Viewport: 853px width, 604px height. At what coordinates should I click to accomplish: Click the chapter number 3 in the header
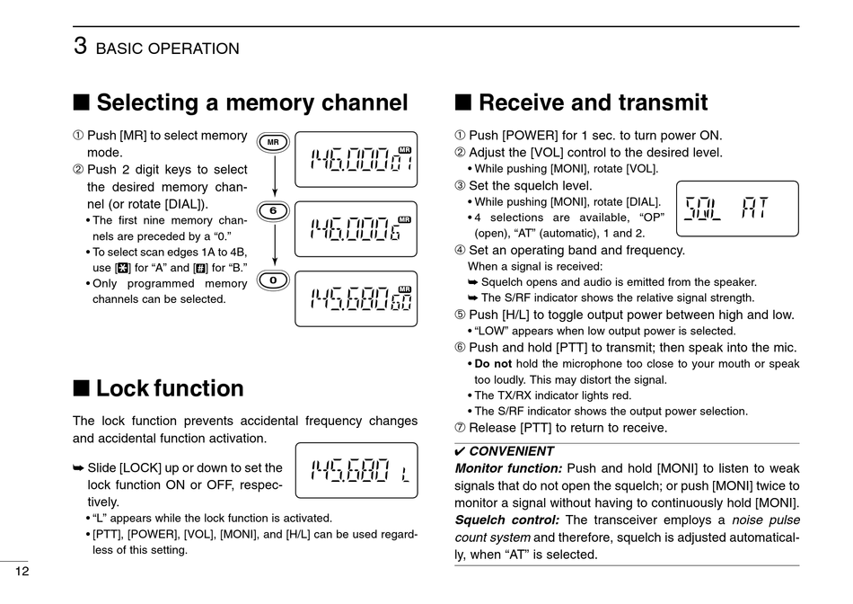(80, 46)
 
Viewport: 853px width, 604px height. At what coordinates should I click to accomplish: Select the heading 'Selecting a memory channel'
(251, 102)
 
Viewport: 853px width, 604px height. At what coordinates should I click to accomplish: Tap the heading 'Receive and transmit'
(593, 102)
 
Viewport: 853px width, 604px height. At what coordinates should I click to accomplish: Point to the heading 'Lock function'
(170, 388)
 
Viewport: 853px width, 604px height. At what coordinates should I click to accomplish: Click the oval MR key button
(273, 142)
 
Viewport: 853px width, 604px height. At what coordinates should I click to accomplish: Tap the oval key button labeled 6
(273, 211)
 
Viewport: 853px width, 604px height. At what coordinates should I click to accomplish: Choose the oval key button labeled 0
(273, 280)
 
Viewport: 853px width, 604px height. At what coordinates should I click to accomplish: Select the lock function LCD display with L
(356, 470)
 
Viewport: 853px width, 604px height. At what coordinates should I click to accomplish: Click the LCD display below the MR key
(356, 160)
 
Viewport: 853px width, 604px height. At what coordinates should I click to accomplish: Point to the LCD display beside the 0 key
(356, 298)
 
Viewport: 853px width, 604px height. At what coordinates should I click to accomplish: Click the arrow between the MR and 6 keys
(273, 177)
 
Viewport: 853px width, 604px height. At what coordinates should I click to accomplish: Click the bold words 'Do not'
(493, 364)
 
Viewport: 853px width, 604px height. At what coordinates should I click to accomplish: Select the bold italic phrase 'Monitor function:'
(508, 468)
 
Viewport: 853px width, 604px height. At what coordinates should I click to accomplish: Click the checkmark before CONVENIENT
(461, 451)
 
